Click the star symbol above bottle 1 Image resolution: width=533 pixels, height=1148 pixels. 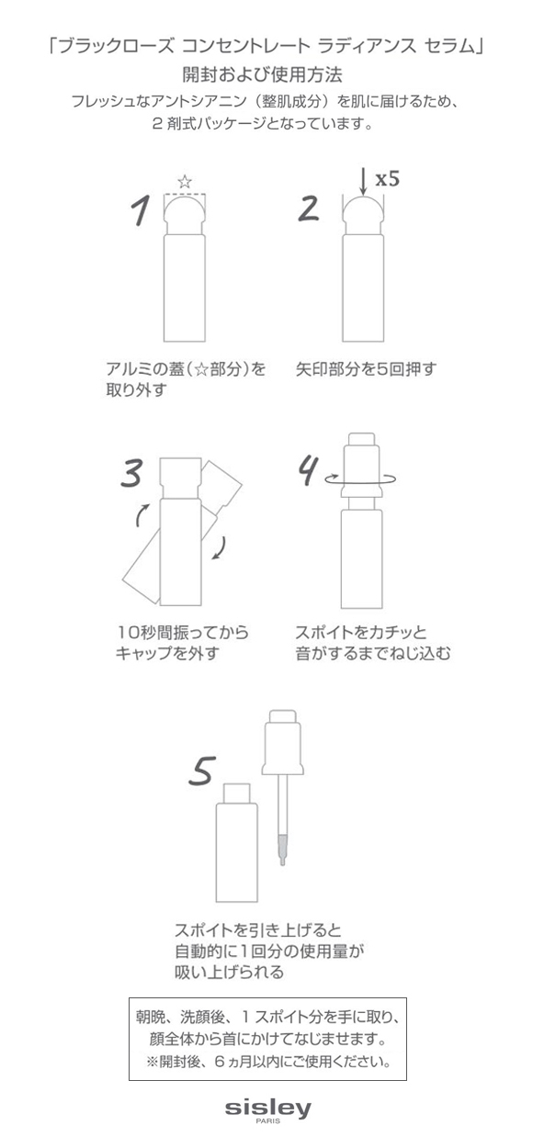[185, 182]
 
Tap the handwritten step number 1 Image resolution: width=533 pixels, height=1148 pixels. [140, 210]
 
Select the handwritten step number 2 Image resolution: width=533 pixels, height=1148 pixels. [309, 208]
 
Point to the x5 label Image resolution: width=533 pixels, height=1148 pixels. [387, 179]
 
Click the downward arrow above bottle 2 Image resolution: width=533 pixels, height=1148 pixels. [363, 183]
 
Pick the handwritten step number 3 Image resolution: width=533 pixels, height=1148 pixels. [131, 473]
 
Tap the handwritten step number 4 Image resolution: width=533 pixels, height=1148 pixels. [308, 470]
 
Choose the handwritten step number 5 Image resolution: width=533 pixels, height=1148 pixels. [201, 771]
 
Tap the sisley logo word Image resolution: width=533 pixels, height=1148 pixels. [267, 1108]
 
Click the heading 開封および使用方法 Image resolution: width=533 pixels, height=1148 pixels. [263, 74]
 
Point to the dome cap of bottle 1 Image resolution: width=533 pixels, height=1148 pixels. [185, 210]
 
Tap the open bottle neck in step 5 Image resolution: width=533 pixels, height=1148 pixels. [236, 793]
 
